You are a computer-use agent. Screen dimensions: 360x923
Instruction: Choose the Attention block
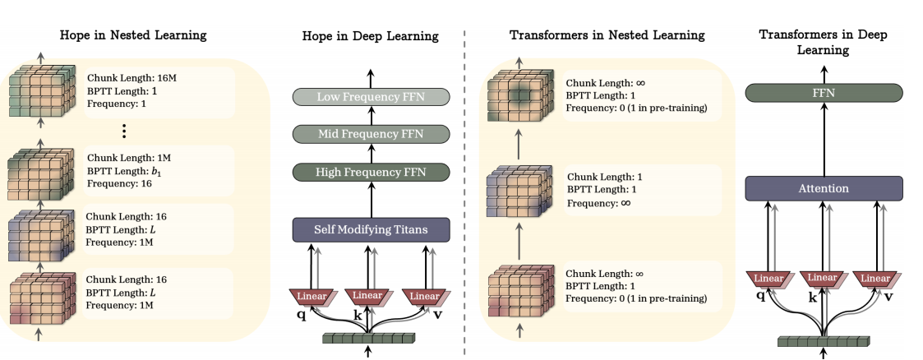pyautogui.click(x=823, y=188)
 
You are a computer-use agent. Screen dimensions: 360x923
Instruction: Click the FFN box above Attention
pyautogui.click(x=823, y=93)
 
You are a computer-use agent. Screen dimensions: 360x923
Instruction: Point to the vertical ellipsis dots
pyautogui.click(x=123, y=130)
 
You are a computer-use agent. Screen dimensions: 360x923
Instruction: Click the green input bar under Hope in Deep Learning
pyautogui.click(x=367, y=338)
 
